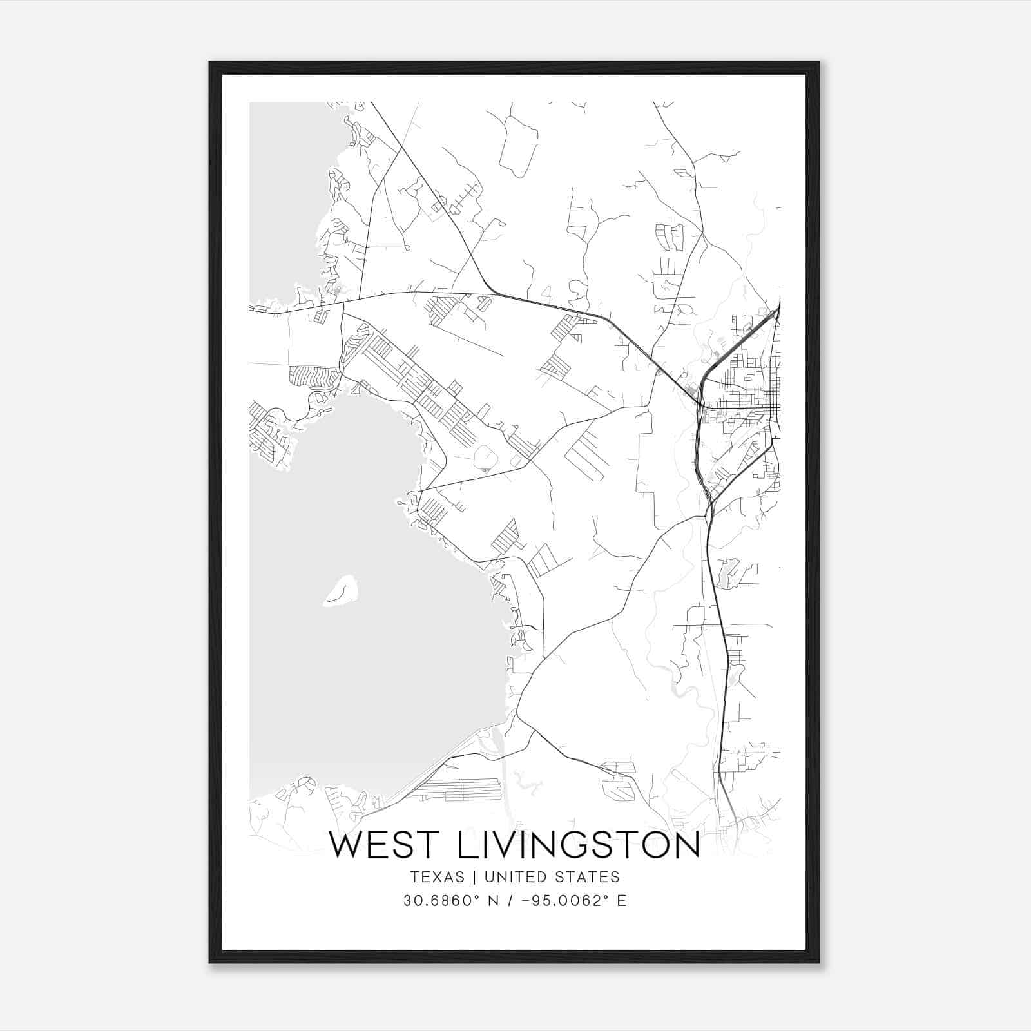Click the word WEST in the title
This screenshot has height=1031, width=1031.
(380, 845)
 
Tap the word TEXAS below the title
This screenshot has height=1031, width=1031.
(437, 877)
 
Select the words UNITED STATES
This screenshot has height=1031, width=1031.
(552, 877)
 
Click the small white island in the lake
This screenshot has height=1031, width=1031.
(341, 591)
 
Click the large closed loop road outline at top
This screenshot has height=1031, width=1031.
(518, 147)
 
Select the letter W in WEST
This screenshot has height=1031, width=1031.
(348, 845)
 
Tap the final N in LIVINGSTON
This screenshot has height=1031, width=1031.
(684, 845)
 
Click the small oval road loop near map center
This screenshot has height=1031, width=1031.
(486, 458)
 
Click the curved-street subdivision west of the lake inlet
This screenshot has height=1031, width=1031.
(314, 375)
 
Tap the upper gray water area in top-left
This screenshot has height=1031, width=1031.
(284, 193)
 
